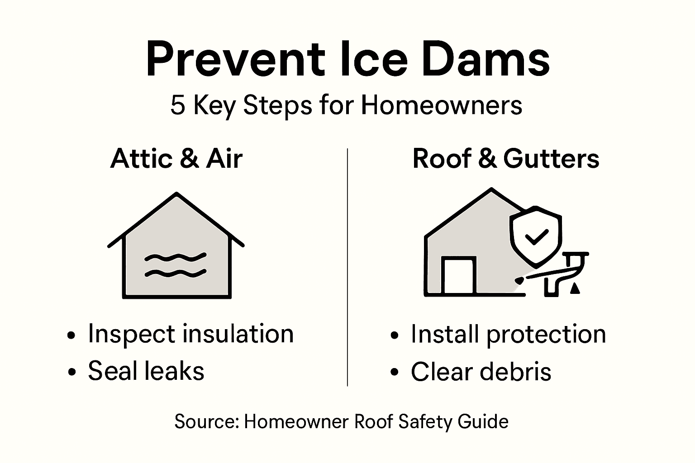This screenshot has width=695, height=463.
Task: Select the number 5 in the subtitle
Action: click(x=178, y=105)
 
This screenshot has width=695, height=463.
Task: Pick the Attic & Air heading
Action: click(x=176, y=159)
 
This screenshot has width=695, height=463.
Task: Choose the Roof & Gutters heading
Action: click(x=506, y=159)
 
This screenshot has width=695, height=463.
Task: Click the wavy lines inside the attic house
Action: click(x=176, y=265)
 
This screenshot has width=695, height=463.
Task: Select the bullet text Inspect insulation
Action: click(x=190, y=334)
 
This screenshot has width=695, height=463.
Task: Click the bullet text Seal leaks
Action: click(x=146, y=371)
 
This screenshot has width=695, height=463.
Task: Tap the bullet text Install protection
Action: click(x=508, y=334)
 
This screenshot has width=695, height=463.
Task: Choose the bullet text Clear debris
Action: click(x=481, y=372)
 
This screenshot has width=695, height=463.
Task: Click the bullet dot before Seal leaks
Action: click(x=71, y=372)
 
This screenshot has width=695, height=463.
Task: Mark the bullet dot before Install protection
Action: click(x=395, y=335)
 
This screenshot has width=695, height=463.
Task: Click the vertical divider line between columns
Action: click(x=347, y=267)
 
